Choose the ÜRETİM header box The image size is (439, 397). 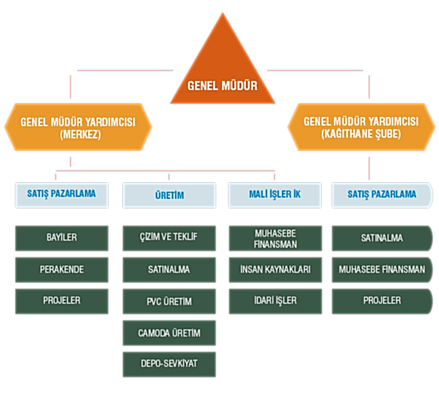[x=169, y=195]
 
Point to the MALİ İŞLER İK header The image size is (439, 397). [x=275, y=195]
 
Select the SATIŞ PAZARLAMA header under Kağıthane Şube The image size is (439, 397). [x=382, y=194]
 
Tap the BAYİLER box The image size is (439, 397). [x=62, y=237]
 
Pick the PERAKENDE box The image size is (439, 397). [x=62, y=269]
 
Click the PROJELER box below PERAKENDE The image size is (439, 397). [x=62, y=300]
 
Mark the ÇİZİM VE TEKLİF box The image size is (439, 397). [x=169, y=237]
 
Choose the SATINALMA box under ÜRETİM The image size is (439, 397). [x=169, y=270]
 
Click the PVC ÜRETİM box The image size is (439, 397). [x=169, y=301]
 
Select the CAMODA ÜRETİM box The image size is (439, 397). [x=169, y=333]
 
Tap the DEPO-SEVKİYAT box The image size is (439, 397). [x=169, y=364]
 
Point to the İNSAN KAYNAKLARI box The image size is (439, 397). [x=275, y=270]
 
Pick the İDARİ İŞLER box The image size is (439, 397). [x=275, y=301]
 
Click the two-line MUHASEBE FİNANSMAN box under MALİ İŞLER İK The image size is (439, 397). [x=275, y=237]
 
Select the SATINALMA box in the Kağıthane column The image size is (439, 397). [x=382, y=237]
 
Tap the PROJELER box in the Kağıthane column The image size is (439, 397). [x=382, y=300]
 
